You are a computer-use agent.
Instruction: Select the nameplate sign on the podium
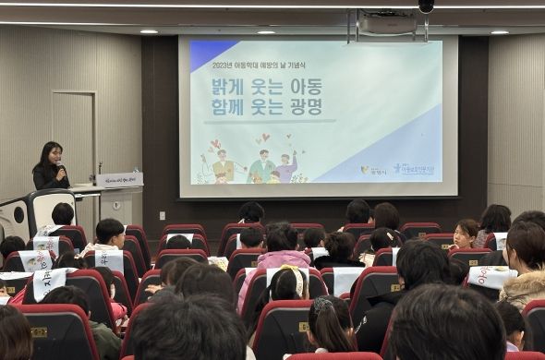pos(119,180)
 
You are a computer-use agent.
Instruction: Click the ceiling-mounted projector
pos(387,23)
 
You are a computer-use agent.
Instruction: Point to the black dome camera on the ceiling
pos(426,6)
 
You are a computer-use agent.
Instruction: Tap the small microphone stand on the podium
pos(99,169)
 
